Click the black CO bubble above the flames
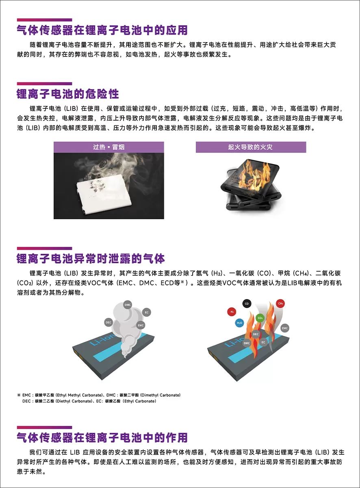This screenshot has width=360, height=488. tap(247, 303)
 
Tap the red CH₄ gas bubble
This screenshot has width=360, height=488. tap(280, 303)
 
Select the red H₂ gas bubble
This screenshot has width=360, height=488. tap(232, 312)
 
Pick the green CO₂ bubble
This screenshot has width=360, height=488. tap(260, 318)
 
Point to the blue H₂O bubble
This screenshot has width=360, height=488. tap(239, 323)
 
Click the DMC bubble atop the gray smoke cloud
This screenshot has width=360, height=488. tap(128, 305)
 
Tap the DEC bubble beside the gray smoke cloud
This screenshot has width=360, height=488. tap(108, 322)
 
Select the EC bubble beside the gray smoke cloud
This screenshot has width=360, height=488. tap(147, 312)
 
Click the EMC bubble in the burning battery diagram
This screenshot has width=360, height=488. tap(285, 328)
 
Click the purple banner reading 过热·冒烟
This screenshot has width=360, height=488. tap(109, 147)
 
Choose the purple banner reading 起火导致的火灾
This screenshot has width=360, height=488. tap(251, 147)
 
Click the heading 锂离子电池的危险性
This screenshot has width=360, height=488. tap(68, 94)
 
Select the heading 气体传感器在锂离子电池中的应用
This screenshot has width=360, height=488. tap(102, 30)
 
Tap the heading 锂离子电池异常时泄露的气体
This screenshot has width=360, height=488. tap(91, 259)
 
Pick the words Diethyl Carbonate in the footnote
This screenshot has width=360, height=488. tap(74, 401)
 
